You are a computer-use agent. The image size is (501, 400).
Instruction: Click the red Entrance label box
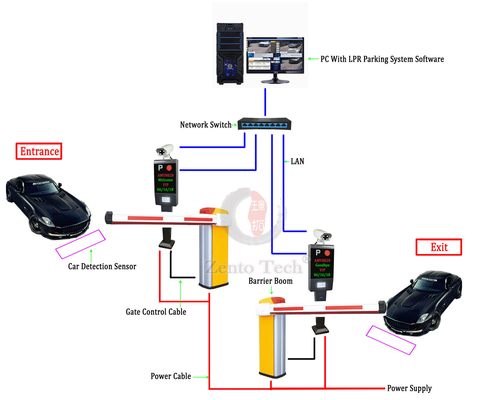coord(39,151)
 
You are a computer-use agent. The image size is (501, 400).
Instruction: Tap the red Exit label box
coord(439,247)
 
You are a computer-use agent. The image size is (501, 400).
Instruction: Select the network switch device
coord(264,124)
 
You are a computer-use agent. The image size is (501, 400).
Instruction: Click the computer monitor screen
coord(275,55)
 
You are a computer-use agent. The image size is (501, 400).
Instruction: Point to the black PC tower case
coord(230,54)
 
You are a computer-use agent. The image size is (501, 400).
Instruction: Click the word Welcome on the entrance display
coord(165,180)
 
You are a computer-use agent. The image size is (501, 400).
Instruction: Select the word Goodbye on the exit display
coord(322,265)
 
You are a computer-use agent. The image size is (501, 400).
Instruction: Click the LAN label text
coord(297,161)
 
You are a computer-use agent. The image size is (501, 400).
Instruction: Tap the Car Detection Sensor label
coord(102,266)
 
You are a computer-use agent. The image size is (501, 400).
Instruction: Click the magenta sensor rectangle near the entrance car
coord(80,244)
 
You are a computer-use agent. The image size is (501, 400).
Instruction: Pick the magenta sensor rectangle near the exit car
coord(391,340)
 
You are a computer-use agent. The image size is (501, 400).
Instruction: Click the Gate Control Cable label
coord(156,312)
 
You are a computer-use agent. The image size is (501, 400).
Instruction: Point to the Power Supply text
coord(409,388)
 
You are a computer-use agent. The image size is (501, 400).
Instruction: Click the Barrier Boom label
coord(270,281)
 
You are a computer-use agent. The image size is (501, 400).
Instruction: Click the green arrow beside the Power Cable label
coord(201,377)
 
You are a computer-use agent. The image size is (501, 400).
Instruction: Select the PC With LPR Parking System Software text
coord(382,59)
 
